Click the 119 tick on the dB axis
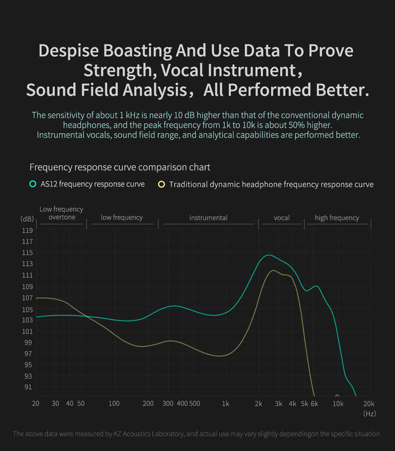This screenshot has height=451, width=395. (x=27, y=231)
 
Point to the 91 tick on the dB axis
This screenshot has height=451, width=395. (x=27, y=387)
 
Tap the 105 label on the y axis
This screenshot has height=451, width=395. (x=27, y=309)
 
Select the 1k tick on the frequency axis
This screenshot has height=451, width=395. (x=225, y=404)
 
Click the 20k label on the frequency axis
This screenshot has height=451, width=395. (x=369, y=404)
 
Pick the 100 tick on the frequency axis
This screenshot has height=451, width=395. (x=114, y=404)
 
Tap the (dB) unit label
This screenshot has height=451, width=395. (x=27, y=219)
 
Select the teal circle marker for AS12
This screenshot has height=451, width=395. (x=33, y=184)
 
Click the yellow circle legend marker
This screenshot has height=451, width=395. (x=161, y=184)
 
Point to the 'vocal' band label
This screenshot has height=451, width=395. (x=282, y=218)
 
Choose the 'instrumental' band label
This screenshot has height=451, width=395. (x=208, y=218)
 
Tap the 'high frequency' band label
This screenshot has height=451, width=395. (x=337, y=218)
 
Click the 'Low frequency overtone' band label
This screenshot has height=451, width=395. (x=61, y=213)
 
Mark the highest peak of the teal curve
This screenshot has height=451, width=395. (x=269, y=255)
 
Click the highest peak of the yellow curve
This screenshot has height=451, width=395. (x=274, y=271)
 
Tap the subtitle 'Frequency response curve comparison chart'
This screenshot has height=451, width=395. (x=120, y=167)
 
